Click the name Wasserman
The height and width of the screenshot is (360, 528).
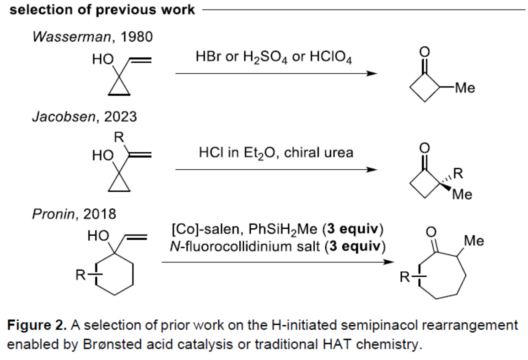click(x=64, y=38)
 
